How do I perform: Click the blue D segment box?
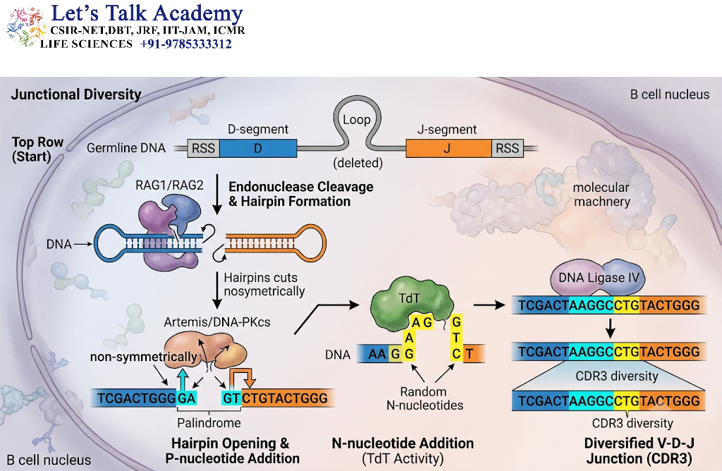point(258,148)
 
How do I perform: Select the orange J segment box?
point(448,148)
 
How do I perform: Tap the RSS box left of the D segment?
point(204,148)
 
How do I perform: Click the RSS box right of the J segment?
point(508,148)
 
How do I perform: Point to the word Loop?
point(356,120)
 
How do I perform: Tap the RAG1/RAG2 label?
point(169,185)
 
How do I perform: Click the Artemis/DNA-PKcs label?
point(217,322)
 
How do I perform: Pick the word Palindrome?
point(209,422)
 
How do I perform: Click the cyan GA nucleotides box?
point(187,398)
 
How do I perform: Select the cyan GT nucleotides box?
point(231,398)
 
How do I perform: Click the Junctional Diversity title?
point(76,94)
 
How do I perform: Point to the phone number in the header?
point(186,44)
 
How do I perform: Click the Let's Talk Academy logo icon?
point(25,27)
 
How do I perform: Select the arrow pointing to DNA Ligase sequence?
point(489,305)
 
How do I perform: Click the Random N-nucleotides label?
point(424,398)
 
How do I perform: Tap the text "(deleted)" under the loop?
point(357,163)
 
